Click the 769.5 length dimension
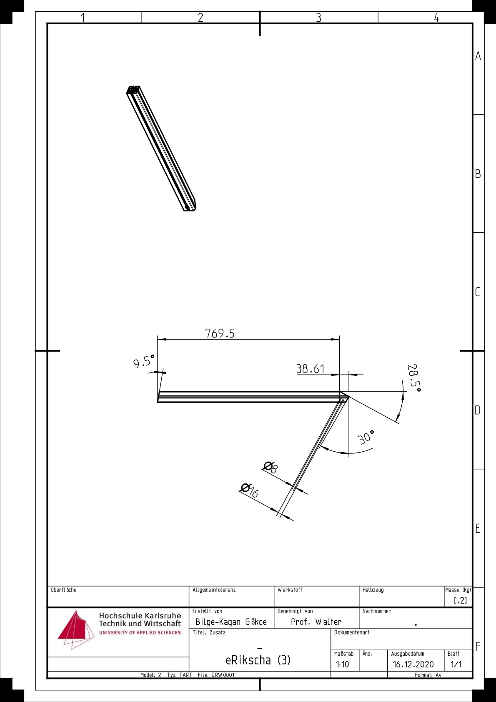tap(220, 333)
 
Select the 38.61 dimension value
tap(311, 369)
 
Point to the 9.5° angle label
tap(144, 361)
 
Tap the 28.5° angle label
tap(413, 378)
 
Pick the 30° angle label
tap(366, 438)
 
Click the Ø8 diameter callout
tap(270, 467)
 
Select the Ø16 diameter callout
tap(249, 491)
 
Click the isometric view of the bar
tap(161, 148)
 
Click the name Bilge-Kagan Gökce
tap(231, 622)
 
